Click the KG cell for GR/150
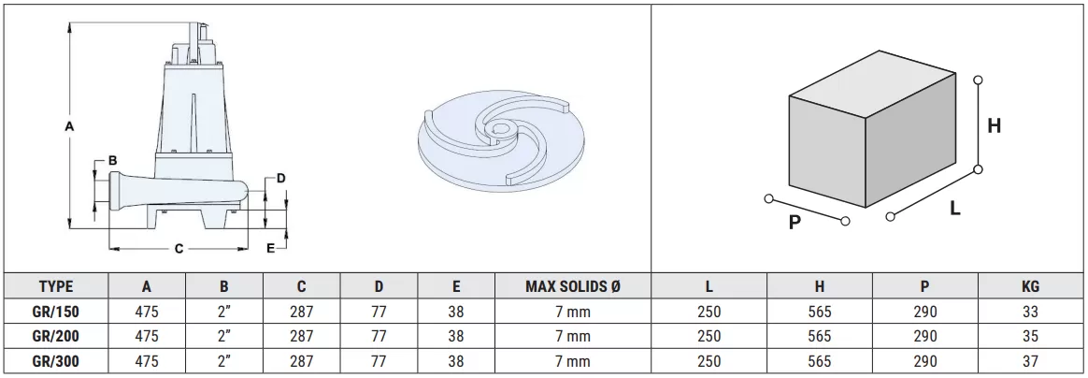1030,312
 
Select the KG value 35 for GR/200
1030,336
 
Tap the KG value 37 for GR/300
1030,361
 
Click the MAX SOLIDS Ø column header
572,286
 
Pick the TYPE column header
56,286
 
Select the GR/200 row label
56,336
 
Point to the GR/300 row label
56,361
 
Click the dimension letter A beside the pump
68,126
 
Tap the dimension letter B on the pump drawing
112,161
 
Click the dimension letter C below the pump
179,249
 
